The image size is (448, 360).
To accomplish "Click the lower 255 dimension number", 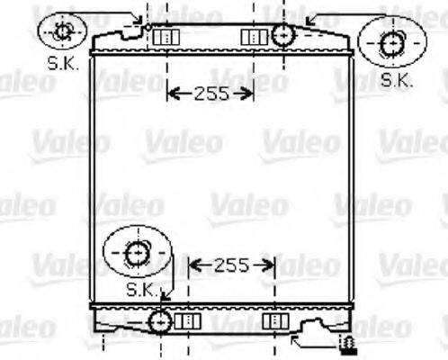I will (231, 265).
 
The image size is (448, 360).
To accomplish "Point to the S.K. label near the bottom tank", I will (142, 290).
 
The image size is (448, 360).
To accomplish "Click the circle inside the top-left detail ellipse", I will (63, 32).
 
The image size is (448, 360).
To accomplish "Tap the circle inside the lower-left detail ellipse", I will (137, 254).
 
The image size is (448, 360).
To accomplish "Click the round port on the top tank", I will (283, 36).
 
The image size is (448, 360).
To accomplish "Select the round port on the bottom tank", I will (160, 320).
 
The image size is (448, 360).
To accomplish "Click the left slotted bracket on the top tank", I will (165, 36).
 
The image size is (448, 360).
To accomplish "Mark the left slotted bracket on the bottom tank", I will (187, 320).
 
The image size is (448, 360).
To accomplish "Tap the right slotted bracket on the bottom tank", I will (274, 320).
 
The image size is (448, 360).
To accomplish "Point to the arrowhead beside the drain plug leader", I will (297, 341).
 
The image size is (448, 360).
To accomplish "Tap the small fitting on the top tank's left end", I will (146, 25).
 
